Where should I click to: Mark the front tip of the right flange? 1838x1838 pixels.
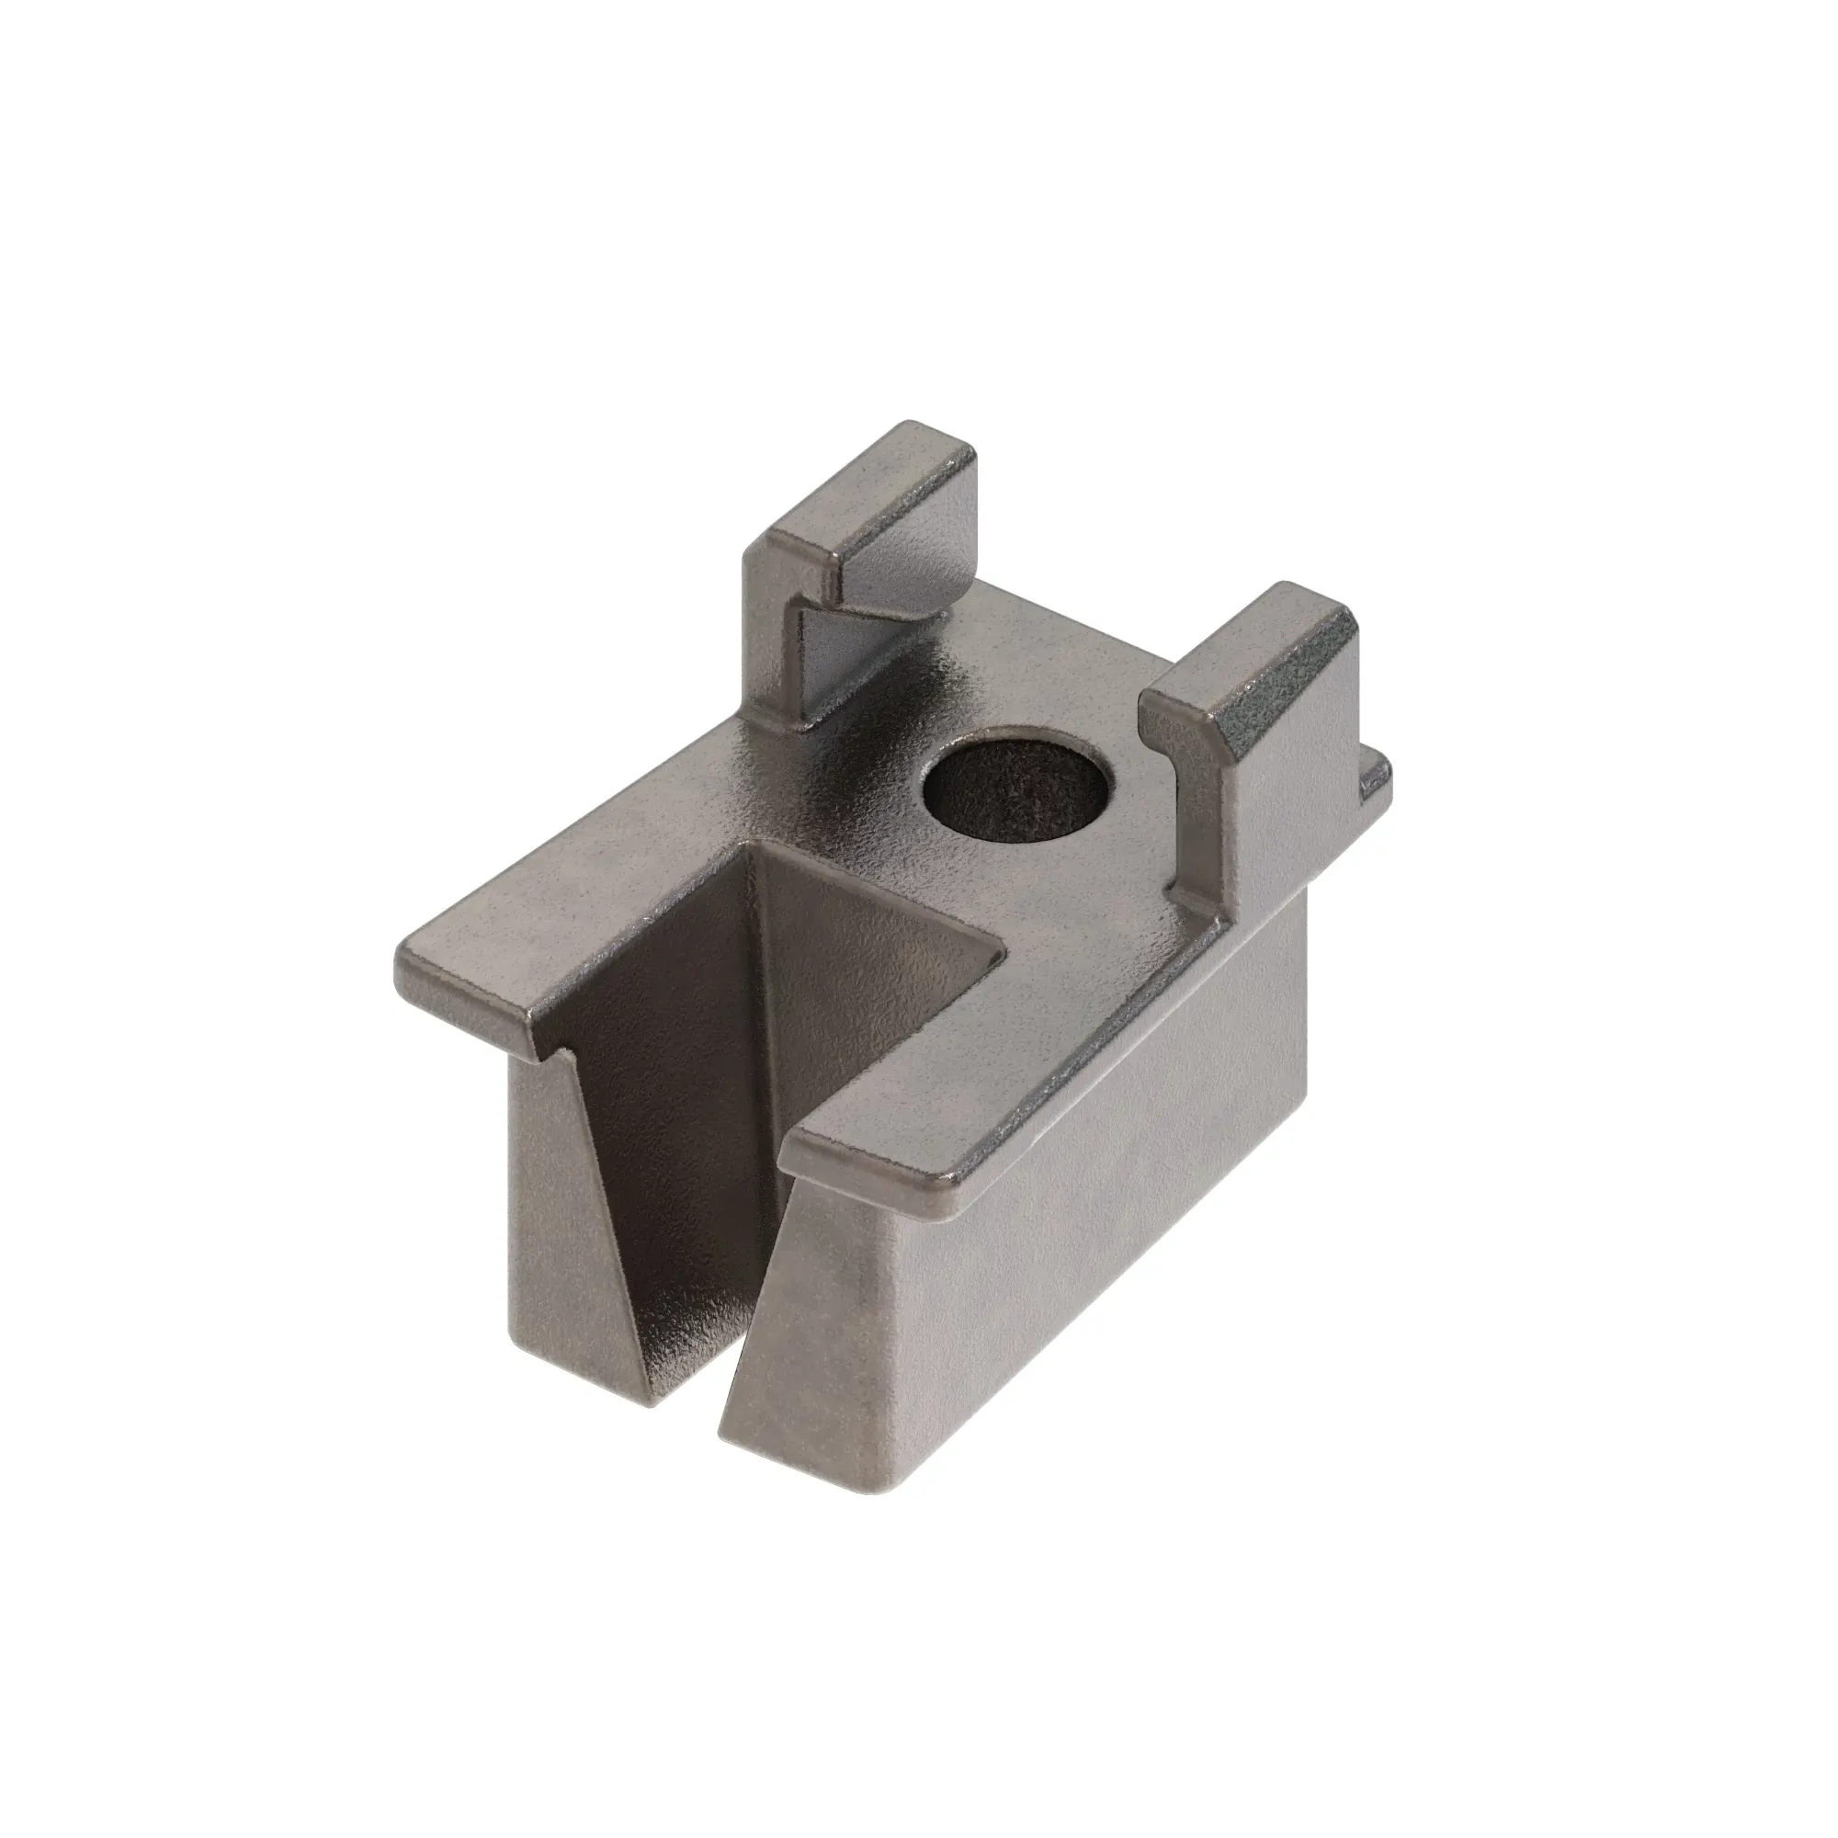click(x=794, y=1152)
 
